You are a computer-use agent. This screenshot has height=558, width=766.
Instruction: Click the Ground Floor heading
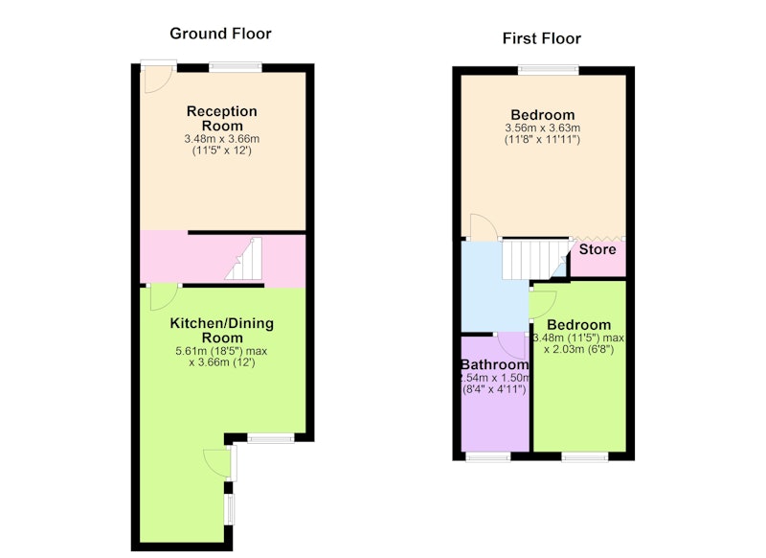220,34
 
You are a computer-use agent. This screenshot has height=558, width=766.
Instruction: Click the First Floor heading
542,38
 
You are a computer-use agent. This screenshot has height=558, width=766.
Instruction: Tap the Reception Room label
222,118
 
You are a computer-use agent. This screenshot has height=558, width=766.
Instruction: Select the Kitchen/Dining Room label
222,330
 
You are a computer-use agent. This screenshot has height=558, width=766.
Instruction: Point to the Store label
597,249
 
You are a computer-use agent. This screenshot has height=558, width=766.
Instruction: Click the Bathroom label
495,365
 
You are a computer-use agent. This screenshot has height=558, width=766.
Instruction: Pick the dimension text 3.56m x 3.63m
543,128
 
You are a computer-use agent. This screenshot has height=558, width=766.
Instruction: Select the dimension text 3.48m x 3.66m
222,139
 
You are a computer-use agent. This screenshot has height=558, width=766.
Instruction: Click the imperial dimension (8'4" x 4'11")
494,390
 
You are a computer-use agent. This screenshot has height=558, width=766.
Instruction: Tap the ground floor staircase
244,259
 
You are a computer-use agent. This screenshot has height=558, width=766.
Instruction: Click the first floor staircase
536,258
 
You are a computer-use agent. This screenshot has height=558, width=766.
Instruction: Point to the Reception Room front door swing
156,80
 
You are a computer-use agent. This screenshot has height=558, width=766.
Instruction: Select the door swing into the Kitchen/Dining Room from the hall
164,297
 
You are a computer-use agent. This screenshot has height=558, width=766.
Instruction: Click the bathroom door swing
511,346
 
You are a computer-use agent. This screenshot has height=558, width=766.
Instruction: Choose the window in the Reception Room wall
236,67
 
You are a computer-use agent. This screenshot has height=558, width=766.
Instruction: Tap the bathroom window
488,456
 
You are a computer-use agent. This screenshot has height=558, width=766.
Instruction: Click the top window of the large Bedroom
549,69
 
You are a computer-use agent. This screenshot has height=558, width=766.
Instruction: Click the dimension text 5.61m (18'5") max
221,351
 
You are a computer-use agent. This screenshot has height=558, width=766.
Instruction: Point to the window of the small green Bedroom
585,456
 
